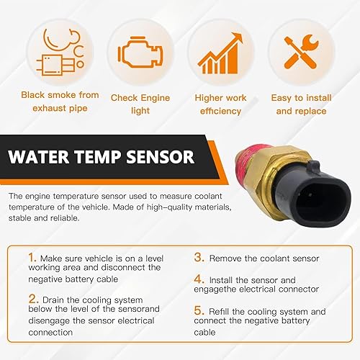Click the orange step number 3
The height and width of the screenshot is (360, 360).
click(198, 255)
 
